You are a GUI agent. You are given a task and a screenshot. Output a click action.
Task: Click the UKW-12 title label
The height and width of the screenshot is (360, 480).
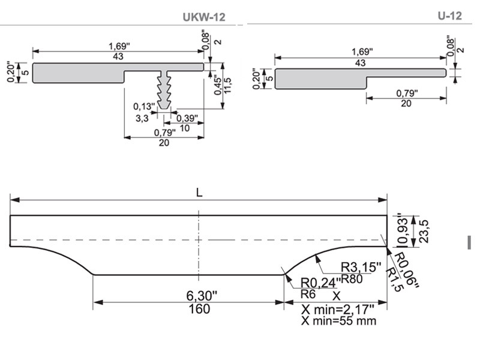[204, 17]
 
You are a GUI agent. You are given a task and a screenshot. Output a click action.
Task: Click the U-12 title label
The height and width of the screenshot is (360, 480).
[449, 16]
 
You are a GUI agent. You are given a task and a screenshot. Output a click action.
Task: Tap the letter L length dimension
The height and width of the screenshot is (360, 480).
[199, 193]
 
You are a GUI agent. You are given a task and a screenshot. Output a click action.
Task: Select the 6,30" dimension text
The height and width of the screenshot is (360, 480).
[199, 295]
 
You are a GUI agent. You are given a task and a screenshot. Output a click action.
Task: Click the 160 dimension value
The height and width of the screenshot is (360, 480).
[199, 309]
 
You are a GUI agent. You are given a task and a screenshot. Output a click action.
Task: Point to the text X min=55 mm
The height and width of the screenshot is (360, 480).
[339, 321]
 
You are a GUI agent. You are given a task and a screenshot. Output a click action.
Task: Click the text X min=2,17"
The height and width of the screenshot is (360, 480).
[338, 309]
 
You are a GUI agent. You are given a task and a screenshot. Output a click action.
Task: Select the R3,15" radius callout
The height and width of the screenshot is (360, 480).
[361, 267]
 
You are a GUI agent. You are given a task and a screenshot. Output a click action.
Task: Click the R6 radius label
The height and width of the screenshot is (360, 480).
[308, 294]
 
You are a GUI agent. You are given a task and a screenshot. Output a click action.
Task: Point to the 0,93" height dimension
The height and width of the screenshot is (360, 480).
[402, 230]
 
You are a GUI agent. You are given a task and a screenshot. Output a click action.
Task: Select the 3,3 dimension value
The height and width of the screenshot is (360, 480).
[142, 119]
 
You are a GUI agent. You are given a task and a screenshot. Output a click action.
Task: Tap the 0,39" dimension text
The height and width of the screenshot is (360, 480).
[187, 118]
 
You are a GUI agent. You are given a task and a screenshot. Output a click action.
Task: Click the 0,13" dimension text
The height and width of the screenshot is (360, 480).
[144, 107]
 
